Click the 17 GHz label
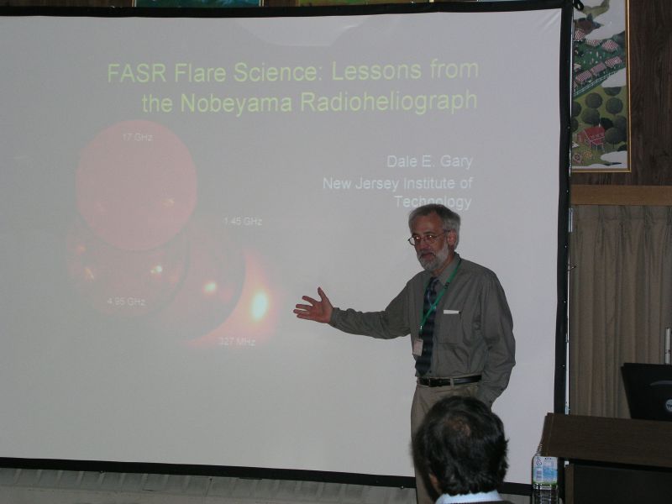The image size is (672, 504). tap(137, 138)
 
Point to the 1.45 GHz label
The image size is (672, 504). tap(243, 222)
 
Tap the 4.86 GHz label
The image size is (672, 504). tap(126, 302)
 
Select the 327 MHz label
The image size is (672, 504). tap(237, 342)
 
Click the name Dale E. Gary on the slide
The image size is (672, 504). tap(429, 161)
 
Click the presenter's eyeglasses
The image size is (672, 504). tap(426, 239)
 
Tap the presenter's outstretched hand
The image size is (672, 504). tap(314, 306)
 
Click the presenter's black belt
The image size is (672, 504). tap(449, 381)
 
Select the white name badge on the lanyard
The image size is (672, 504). tap(417, 347)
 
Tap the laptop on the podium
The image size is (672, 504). tap(647, 391)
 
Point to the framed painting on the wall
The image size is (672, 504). tap(601, 86)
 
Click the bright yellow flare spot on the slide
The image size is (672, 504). tap(260, 305)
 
